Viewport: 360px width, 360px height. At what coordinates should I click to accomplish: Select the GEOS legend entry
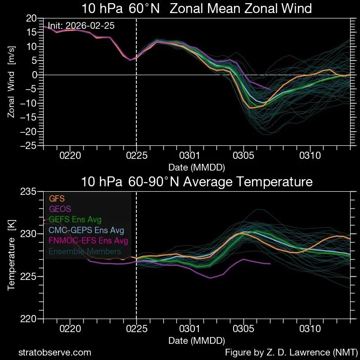pyautogui.click(x=60, y=209)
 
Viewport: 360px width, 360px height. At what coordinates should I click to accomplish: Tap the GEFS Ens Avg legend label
pyautogui.click(x=75, y=220)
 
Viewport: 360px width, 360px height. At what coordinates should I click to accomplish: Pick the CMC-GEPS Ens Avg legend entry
pyautogui.click(x=86, y=230)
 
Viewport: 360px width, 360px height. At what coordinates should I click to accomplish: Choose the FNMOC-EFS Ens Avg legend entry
pyautogui.click(x=89, y=241)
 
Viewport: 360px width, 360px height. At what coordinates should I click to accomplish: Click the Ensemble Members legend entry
pyautogui.click(x=85, y=252)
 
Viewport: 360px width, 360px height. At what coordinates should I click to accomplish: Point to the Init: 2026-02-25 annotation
pyautogui.click(x=81, y=26)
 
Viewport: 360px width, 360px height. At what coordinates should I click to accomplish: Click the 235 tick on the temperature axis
pyautogui.click(x=28, y=192)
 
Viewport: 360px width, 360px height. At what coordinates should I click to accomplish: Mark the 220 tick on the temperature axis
pyautogui.click(x=28, y=319)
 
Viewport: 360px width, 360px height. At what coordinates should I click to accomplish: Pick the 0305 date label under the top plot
pyautogui.click(x=243, y=156)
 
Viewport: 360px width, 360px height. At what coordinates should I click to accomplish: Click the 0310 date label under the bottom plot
pyautogui.click(x=310, y=329)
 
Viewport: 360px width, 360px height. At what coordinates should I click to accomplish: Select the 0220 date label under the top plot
pyautogui.click(x=70, y=156)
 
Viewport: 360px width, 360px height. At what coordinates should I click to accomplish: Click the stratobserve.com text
pyautogui.click(x=55, y=352)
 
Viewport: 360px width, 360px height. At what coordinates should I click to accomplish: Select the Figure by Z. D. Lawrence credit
pyautogui.click(x=291, y=352)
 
